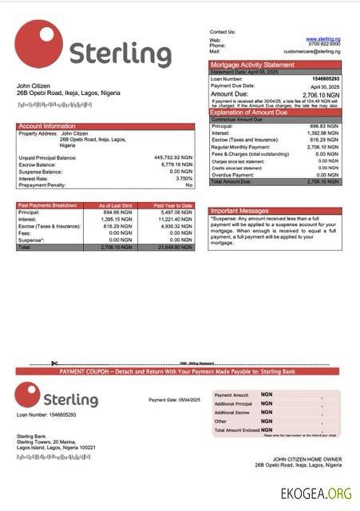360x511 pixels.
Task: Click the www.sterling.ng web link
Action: tap(322, 39)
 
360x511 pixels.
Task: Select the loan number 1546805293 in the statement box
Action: tap(324, 79)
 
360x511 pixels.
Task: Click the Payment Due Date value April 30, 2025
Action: tap(325, 85)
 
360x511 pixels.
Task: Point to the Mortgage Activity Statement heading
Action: tap(252, 65)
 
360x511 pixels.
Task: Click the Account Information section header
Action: tap(47, 126)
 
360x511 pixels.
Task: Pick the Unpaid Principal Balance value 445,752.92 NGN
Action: tap(173, 158)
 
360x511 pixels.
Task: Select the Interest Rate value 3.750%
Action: tap(184, 178)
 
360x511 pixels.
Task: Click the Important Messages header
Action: tap(240, 211)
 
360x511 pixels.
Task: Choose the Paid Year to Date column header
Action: tap(173, 206)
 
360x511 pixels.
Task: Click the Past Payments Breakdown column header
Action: tap(47, 206)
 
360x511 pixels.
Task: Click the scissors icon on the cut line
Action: tap(54, 364)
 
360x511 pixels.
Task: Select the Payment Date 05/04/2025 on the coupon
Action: tap(174, 400)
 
